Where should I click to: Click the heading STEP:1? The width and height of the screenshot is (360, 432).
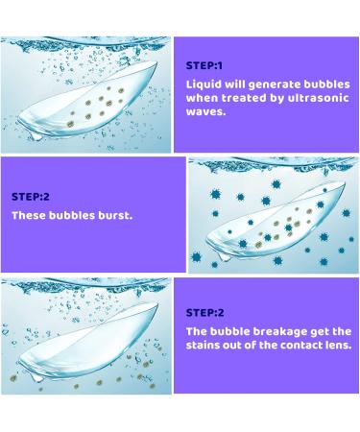click(x=203, y=66)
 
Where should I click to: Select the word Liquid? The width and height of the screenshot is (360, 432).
click(x=203, y=84)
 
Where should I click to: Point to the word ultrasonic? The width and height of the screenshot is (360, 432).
click(x=321, y=98)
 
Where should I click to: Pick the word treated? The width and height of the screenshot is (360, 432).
click(x=244, y=98)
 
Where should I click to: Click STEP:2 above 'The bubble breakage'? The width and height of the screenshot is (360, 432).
click(x=203, y=312)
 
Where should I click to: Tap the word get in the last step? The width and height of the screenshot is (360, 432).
click(x=313, y=330)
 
